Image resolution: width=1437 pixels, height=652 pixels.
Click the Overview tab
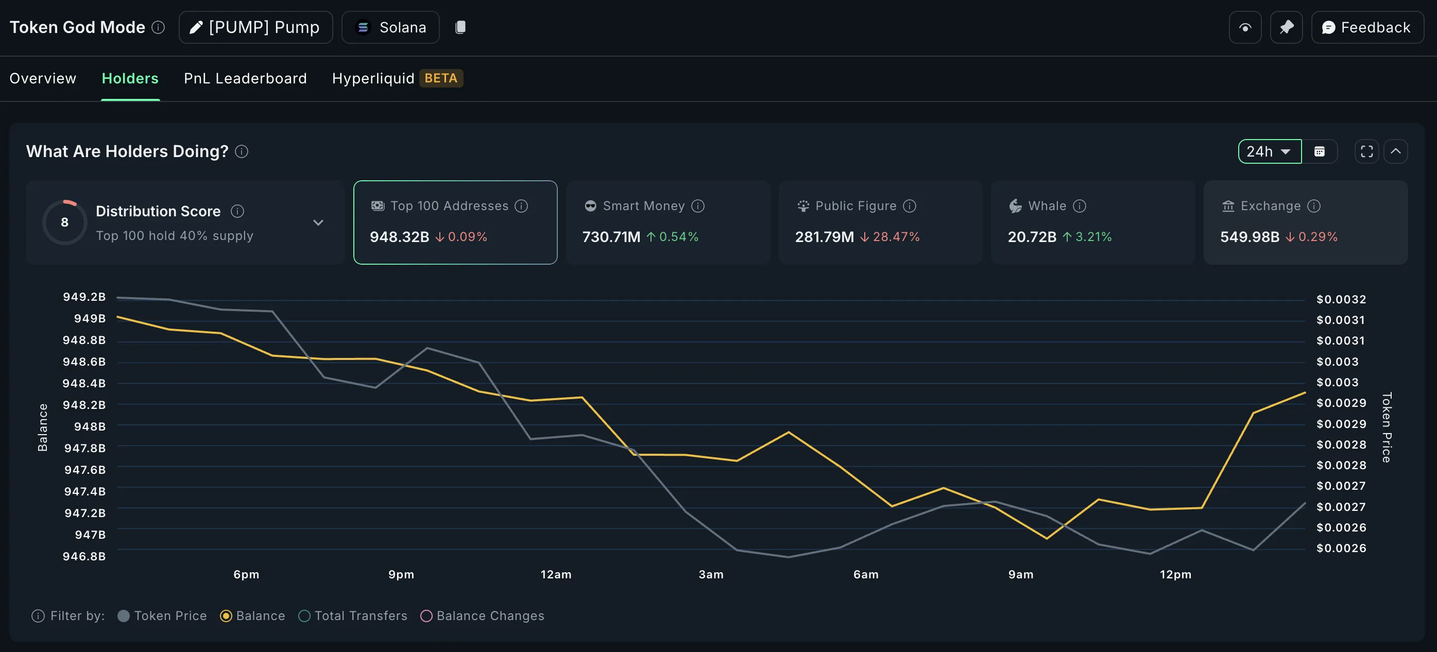[43, 78]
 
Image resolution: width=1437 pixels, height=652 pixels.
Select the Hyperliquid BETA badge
[441, 78]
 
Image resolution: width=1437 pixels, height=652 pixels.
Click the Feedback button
[1367, 27]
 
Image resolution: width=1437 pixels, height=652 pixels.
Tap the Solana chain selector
[390, 27]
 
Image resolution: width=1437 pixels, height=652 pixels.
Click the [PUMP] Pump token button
[255, 27]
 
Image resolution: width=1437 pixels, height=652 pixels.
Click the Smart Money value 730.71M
[611, 237]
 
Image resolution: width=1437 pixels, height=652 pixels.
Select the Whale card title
[1047, 206]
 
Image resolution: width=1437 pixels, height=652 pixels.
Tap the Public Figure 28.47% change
[895, 237]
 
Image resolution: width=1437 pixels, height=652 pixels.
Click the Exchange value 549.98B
[1249, 237]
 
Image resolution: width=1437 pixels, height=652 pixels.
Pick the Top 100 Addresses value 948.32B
[399, 237]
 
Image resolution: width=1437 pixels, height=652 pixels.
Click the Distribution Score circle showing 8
[65, 222]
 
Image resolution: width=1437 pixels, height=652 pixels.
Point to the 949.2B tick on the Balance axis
[84, 297]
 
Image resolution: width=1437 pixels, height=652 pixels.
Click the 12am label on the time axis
[556, 574]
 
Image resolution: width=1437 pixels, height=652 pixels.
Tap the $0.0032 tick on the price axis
[1341, 300]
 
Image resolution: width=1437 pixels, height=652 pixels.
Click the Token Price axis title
[1386, 427]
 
